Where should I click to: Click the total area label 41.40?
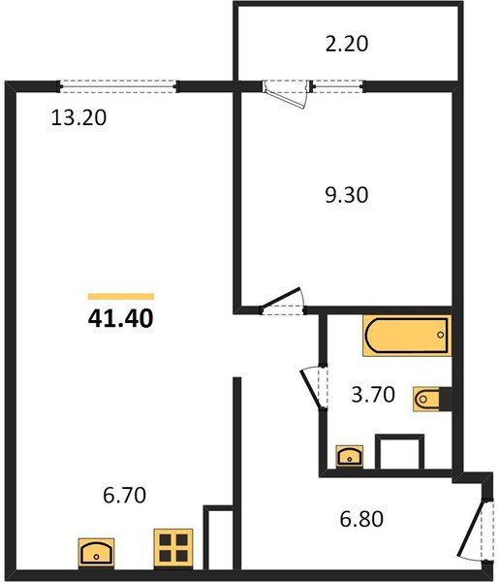121,316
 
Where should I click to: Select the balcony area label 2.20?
347,43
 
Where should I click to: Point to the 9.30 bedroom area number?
347,194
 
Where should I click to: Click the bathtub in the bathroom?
406,336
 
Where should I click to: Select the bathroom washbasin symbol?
348,454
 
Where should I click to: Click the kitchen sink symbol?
97,553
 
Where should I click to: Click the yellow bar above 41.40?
121,295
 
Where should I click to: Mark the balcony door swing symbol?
285,92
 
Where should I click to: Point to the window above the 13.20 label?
118,84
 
